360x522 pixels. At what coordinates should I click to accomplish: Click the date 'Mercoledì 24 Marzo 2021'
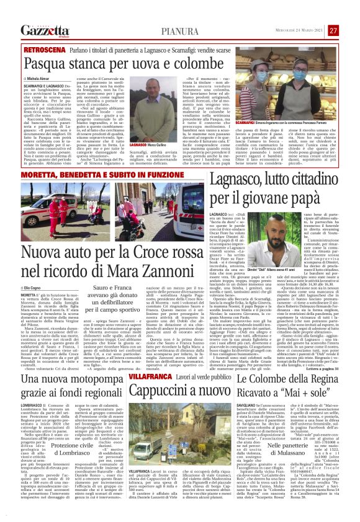(x=300, y=30)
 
